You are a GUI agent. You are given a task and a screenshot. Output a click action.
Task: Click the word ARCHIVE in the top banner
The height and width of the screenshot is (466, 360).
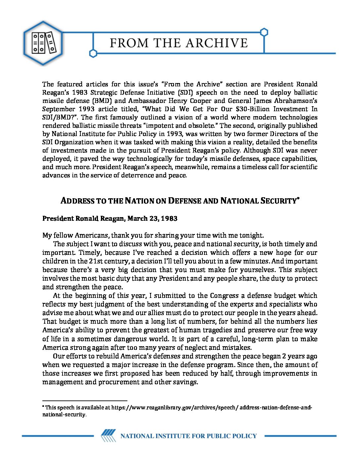(x=216, y=43)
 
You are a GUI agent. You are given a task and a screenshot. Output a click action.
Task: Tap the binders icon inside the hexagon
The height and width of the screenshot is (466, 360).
(x=43, y=43)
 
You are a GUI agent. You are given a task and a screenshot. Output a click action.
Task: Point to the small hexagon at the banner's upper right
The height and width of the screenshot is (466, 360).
(x=264, y=32)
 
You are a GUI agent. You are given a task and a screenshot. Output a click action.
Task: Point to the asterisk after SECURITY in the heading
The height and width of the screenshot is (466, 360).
(x=298, y=199)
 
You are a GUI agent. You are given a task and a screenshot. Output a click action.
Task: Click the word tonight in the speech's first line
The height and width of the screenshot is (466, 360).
(x=251, y=235)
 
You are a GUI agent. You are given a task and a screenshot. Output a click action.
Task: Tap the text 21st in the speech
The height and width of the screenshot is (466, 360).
(x=96, y=261)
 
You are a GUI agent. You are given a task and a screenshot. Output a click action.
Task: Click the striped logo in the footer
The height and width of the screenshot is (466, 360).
(x=108, y=436)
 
